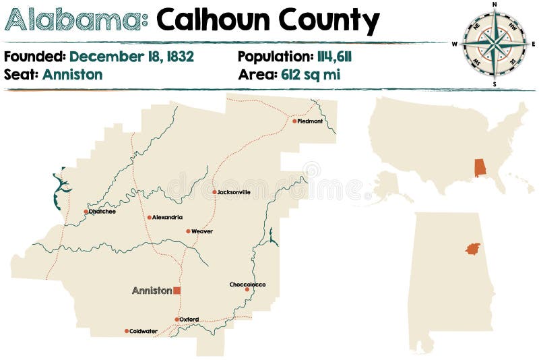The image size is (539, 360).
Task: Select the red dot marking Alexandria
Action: [150, 217]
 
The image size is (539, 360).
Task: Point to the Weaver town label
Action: [202, 231]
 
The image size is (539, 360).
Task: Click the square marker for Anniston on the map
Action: [177, 291]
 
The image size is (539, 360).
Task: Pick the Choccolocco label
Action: [247, 284]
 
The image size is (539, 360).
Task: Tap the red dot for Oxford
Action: [177, 320]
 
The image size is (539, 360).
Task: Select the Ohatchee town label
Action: [102, 212]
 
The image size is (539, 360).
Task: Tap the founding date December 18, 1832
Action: [131, 57]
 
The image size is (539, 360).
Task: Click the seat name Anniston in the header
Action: [72, 74]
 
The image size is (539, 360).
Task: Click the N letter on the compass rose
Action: [495, 5]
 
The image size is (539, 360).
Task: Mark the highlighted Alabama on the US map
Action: [480, 167]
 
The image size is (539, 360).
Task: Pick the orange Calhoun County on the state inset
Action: [473, 249]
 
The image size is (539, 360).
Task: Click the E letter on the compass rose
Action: [534, 44]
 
